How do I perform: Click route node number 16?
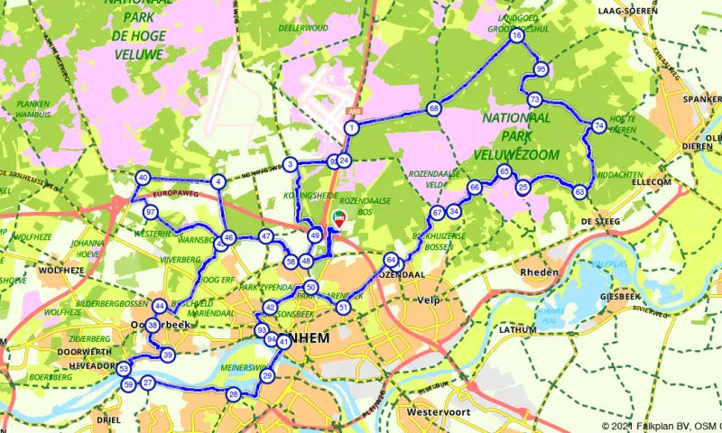pos(516,37)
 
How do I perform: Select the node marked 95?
pos(541,69)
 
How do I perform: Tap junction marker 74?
pos(599,126)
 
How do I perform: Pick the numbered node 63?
pos(579,191)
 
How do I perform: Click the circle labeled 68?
pos(434,108)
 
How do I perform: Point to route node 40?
pos(143,178)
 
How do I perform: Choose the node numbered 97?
pos(150,212)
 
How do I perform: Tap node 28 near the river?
pos(234,394)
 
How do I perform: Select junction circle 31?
pos(343,308)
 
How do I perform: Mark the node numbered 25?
pos(523,188)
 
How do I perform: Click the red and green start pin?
pos(339,216)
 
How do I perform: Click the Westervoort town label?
pos(441,411)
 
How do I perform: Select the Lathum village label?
pos(517,331)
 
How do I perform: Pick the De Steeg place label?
pos(597,221)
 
